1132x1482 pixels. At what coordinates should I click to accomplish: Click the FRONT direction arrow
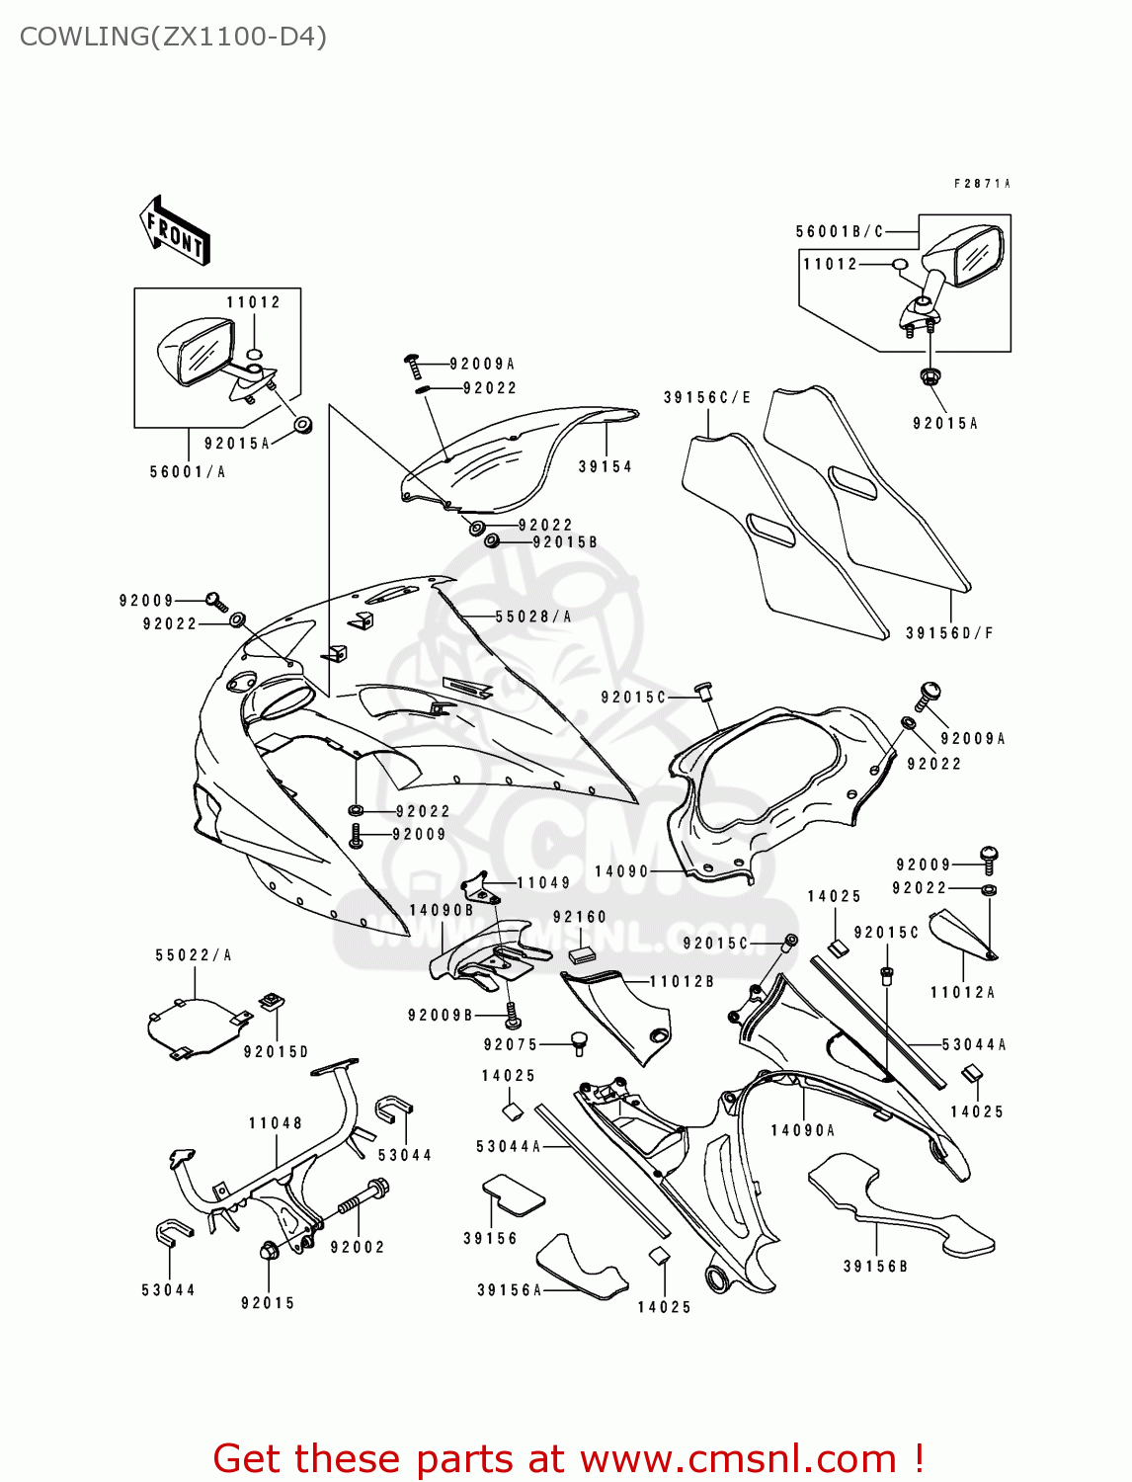point(176,230)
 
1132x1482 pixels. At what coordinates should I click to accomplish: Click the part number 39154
point(605,466)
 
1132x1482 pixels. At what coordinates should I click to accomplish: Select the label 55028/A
point(533,617)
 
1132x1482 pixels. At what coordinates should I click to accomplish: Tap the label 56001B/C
point(840,232)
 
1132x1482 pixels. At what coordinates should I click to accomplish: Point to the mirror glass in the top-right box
point(978,256)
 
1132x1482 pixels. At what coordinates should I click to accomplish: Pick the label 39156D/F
point(949,633)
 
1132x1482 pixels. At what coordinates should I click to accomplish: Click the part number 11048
point(276,1123)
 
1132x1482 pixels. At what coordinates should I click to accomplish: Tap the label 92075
point(511,1044)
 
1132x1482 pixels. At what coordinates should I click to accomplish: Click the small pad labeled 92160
point(581,954)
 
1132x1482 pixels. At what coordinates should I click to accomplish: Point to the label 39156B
point(875,1267)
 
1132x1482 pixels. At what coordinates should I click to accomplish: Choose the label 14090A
point(803,1130)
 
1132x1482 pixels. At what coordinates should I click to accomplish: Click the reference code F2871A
point(982,184)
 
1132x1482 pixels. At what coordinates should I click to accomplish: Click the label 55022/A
point(194,955)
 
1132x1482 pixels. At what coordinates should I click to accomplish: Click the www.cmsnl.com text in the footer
point(738,1458)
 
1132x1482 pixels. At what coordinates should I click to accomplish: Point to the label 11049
point(543,883)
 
